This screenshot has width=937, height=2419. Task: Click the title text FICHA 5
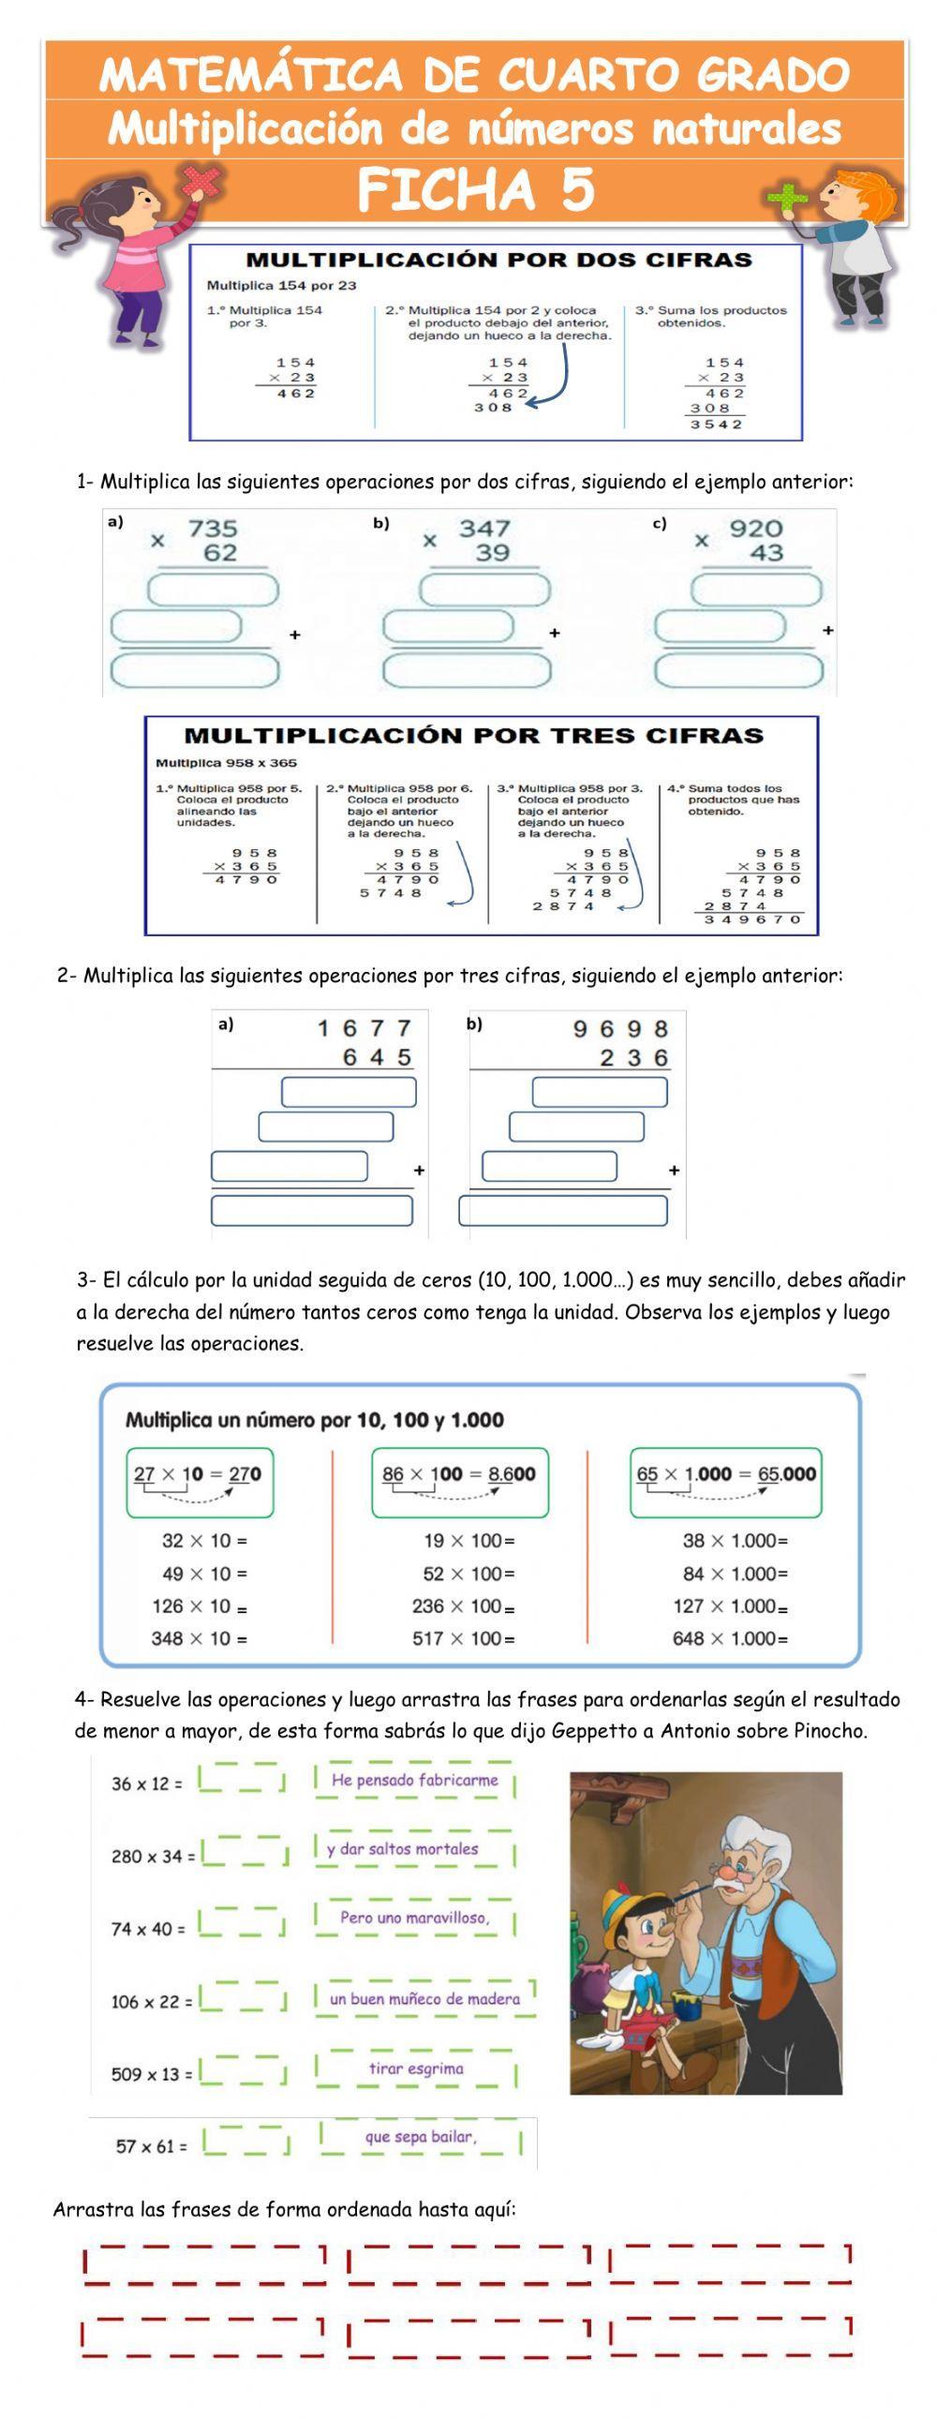pyautogui.click(x=476, y=188)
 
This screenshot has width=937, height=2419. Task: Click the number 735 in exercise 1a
pyautogui.click(x=212, y=529)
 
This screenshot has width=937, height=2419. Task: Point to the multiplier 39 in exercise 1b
pyautogui.click(x=492, y=553)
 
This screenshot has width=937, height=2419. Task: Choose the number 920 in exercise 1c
pyautogui.click(x=756, y=529)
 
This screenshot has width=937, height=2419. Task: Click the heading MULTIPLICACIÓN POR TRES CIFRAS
pyautogui.click(x=473, y=736)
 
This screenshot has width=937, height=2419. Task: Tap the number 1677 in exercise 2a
pyautogui.click(x=364, y=1028)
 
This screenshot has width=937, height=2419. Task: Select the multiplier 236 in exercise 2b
pyautogui.click(x=634, y=1058)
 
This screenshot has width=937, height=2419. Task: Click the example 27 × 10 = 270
pyautogui.click(x=198, y=1473)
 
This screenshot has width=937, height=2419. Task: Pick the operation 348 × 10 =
pyautogui.click(x=199, y=1638)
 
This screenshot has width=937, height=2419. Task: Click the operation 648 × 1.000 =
pyautogui.click(x=730, y=1638)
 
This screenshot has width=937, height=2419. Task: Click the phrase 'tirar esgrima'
pyautogui.click(x=415, y=2068)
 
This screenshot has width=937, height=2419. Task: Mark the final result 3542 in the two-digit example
pyautogui.click(x=717, y=425)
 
